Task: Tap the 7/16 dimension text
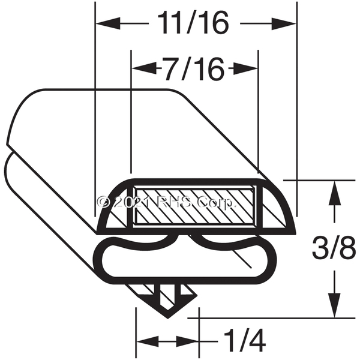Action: (194, 69)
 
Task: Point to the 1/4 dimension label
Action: (244, 341)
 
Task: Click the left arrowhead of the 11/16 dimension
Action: (108, 23)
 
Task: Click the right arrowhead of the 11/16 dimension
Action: (284, 23)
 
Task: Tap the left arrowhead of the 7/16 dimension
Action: (144, 68)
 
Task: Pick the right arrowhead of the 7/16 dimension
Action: (245, 68)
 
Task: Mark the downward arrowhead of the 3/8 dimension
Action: (334, 305)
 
